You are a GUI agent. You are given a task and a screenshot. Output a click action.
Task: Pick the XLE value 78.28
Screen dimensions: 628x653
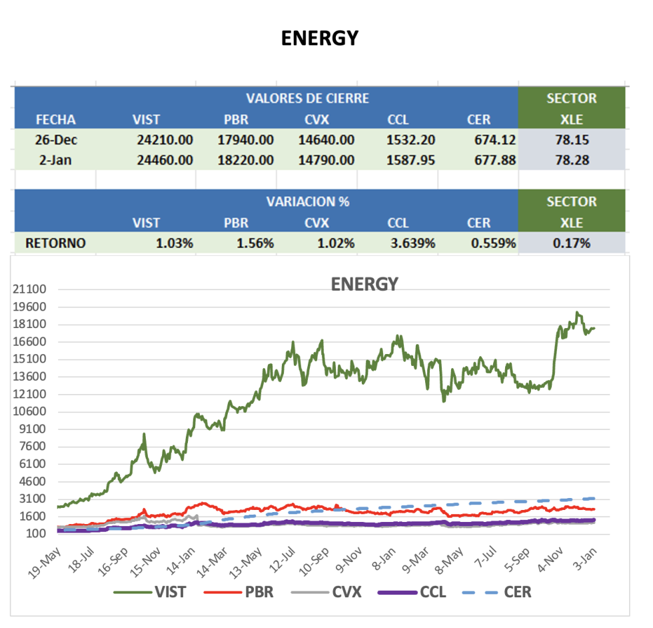572,160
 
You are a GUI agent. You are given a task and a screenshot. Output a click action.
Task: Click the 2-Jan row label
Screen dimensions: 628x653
55,160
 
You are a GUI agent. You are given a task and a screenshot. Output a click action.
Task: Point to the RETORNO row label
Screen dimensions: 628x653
55,243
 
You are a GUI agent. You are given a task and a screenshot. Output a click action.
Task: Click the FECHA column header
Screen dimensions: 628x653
55,120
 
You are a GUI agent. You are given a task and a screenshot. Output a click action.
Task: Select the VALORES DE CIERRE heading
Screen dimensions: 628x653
307,99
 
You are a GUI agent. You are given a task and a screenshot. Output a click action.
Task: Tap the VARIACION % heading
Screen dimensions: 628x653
307,201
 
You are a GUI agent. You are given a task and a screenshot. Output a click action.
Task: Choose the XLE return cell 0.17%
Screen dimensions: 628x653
572,243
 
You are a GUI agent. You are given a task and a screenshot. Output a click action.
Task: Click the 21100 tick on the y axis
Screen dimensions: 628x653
29,289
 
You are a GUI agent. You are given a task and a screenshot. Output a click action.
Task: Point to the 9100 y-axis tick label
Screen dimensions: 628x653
31,429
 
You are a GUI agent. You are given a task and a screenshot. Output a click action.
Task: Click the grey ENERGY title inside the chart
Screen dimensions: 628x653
364,284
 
